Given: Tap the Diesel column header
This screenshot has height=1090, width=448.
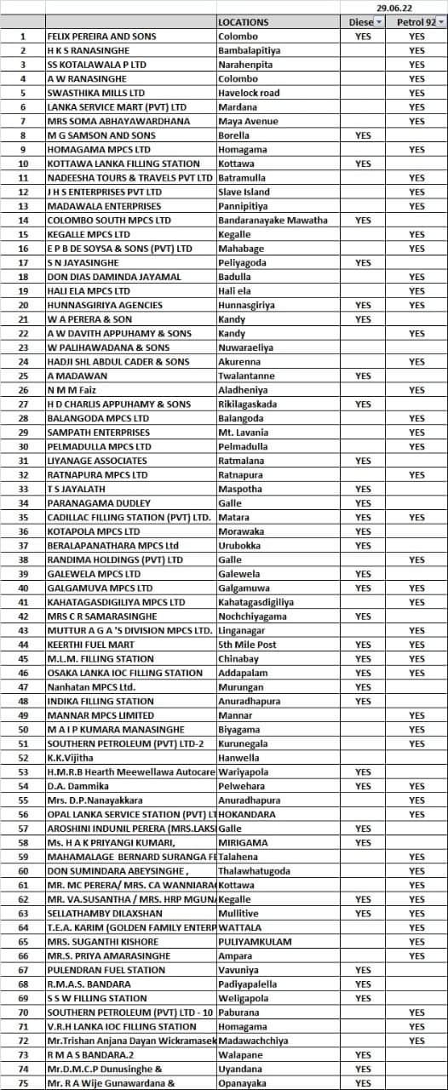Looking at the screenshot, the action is tap(363, 22).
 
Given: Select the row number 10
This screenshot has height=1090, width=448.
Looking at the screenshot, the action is tap(23, 163).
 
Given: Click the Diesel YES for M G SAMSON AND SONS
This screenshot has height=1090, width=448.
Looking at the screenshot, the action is tap(363, 135).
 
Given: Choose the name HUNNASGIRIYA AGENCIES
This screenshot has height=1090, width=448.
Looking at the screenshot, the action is tap(96, 305).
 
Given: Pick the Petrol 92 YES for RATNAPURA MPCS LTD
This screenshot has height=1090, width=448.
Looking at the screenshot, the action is tap(416, 474).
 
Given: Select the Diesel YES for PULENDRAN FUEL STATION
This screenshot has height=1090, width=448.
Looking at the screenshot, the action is tap(363, 970).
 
